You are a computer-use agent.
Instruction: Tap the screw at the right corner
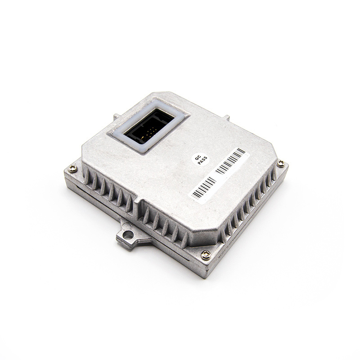(280, 163)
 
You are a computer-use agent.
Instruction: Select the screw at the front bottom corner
(206, 254)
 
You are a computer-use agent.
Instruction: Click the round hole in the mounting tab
(129, 234)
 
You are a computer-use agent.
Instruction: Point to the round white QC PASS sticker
(200, 159)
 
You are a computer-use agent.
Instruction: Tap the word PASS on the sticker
(202, 161)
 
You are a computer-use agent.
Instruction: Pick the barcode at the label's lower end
(204, 188)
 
